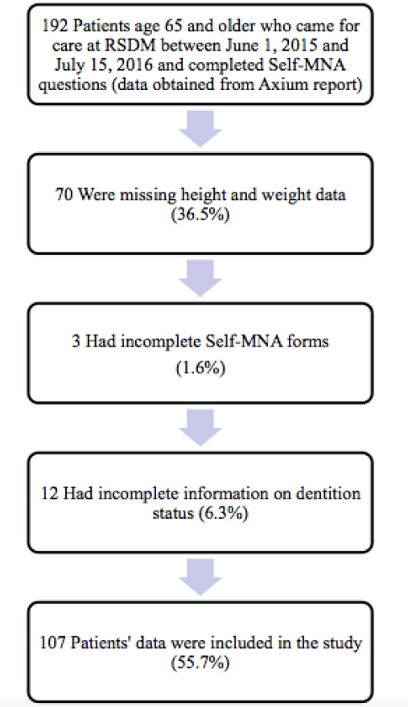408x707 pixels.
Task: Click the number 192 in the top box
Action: click(55, 26)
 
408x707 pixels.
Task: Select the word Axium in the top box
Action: click(279, 84)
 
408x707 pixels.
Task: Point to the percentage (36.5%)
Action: click(200, 214)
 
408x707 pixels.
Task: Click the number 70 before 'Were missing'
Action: click(64, 195)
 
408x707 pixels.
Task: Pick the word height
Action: click(204, 195)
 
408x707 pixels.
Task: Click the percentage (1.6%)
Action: click(200, 368)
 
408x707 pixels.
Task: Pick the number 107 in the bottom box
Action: click(53, 643)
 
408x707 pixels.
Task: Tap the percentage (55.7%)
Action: click(200, 663)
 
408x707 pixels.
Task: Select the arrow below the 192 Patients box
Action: click(200, 129)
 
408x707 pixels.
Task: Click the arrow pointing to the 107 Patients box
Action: click(200, 578)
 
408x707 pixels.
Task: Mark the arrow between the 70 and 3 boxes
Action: click(200, 278)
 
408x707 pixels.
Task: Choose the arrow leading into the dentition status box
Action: click(200, 427)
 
